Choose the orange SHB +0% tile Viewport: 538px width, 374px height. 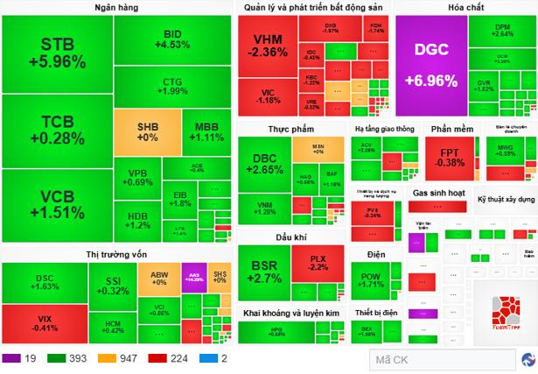pyautogui.click(x=147, y=131)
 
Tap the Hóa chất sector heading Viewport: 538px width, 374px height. pyautogui.click(x=465, y=8)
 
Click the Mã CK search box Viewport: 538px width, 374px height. pyautogui.click(x=437, y=358)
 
